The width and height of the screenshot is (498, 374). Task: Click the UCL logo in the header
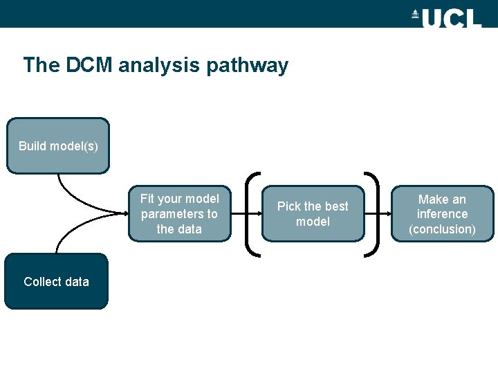(446, 17)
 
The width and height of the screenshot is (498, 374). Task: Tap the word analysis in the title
(160, 66)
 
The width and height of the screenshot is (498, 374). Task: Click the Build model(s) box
(58, 145)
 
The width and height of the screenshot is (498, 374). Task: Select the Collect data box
(56, 281)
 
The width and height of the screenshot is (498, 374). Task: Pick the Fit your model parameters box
(179, 213)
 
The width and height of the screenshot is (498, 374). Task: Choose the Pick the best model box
(313, 213)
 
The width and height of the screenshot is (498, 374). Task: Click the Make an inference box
(442, 213)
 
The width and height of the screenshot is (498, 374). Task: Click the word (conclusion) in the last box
(442, 229)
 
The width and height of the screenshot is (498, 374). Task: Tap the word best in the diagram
(336, 206)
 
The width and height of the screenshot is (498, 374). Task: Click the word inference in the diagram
(442, 214)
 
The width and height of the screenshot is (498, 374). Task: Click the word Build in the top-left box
(32, 145)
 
